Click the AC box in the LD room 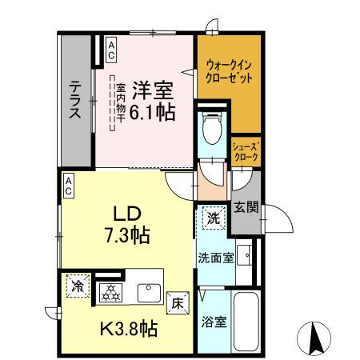click(69, 186)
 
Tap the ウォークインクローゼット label click(230, 73)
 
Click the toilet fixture click(213, 128)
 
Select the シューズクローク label click(245, 152)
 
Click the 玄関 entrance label click(246, 210)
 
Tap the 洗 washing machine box click(214, 217)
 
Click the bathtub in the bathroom click(247, 321)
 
